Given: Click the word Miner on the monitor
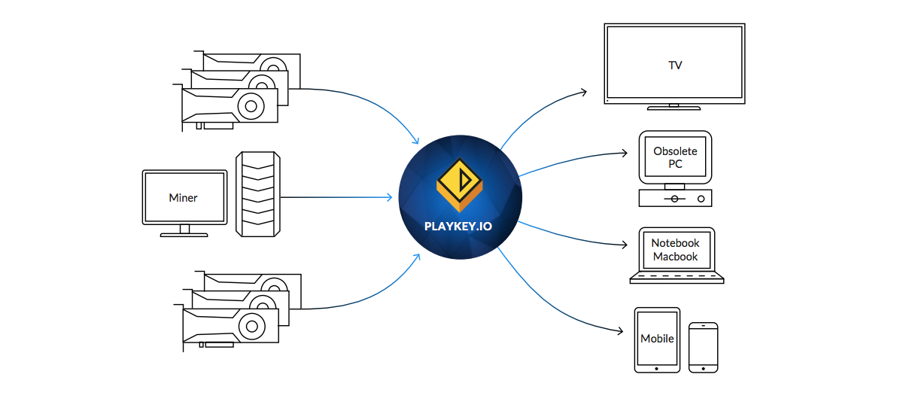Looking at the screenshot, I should pos(184,198).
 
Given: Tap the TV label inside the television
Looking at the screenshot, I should pos(675,65).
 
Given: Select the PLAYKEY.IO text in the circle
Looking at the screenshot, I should pos(458,225).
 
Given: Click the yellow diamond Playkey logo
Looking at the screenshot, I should pos(459,181).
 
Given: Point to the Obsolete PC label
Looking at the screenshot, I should pos(675,157).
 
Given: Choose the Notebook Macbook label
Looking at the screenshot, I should pos(675,250).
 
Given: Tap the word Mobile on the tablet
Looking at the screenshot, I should pos(657,339).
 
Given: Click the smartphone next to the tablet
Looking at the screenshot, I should pos(704,347).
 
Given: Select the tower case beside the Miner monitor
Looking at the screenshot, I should pos(258,193).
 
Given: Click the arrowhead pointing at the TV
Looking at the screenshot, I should pos(582,93).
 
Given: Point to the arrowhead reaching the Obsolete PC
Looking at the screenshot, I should pos(624,154).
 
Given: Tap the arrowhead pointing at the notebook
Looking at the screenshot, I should pos(624,245).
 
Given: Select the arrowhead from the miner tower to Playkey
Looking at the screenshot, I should pos(389,198).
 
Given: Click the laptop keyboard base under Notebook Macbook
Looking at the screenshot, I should pos(676,278).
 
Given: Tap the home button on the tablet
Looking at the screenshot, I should pos(657,369).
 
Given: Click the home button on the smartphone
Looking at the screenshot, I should pos(704,369).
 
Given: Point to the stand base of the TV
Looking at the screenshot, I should pos(674,108).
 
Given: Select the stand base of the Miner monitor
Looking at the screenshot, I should pos(184,235).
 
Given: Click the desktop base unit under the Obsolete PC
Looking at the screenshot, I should pos(675,198).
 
